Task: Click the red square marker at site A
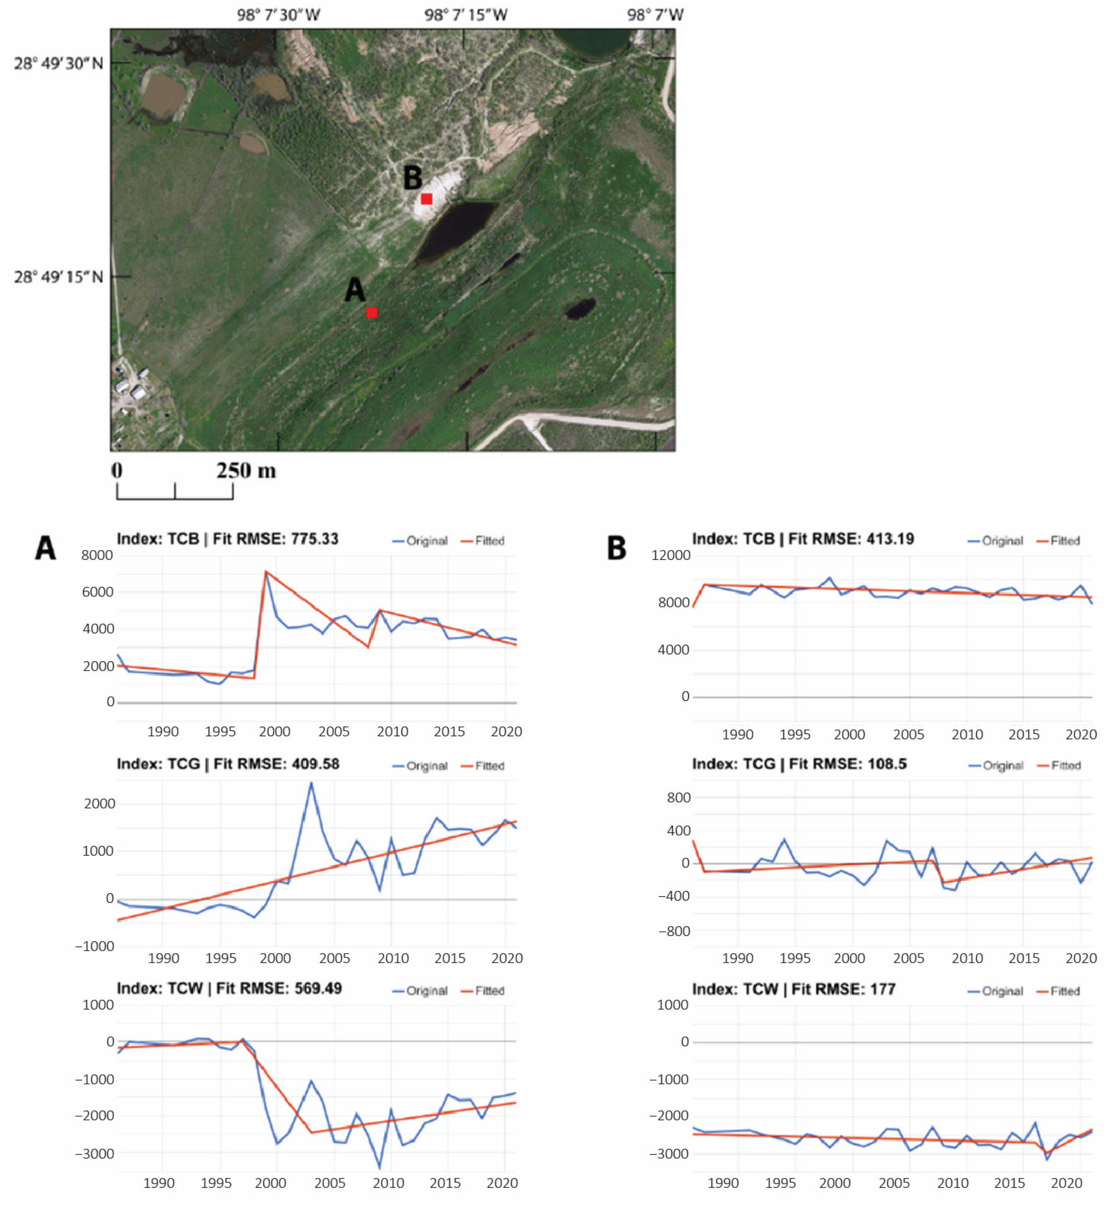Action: point(372,312)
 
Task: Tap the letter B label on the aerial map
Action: point(413,178)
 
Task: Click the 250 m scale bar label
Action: point(245,470)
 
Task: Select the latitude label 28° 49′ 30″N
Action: point(58,63)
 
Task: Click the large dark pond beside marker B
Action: point(456,228)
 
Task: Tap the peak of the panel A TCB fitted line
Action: point(265,572)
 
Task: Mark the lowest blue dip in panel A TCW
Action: point(379,1167)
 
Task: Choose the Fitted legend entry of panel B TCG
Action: point(1059,766)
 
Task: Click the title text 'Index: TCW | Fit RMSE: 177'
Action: point(793,989)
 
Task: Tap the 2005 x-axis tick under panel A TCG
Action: point(334,958)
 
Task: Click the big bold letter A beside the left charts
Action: point(45,547)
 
